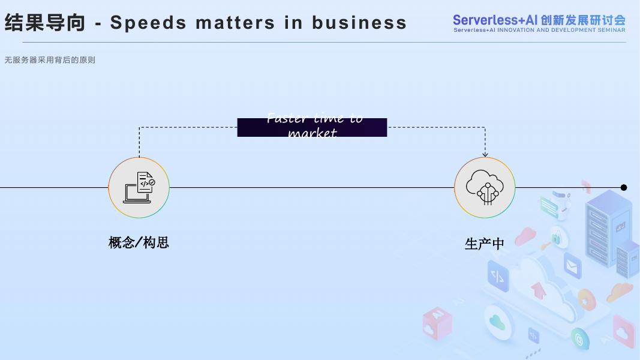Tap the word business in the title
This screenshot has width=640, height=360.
[359, 23]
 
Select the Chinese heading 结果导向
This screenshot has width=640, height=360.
[45, 23]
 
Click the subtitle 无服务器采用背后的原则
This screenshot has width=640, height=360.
[50, 60]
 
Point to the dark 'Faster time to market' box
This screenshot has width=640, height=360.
[312, 127]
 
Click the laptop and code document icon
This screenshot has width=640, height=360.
[139, 187]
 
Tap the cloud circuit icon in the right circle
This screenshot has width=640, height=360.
[485, 187]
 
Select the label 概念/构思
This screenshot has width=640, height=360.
[139, 242]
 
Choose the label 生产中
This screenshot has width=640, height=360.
[485, 244]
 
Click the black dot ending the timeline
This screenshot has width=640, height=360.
[624, 188]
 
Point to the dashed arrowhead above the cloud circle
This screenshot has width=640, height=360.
[485, 154]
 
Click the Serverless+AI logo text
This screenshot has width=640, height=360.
[539, 20]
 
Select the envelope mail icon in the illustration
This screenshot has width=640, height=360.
[572, 265]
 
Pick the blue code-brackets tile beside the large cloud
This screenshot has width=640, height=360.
[497, 276]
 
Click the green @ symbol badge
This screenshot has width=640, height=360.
[579, 339]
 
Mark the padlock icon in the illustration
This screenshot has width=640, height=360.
[556, 238]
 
